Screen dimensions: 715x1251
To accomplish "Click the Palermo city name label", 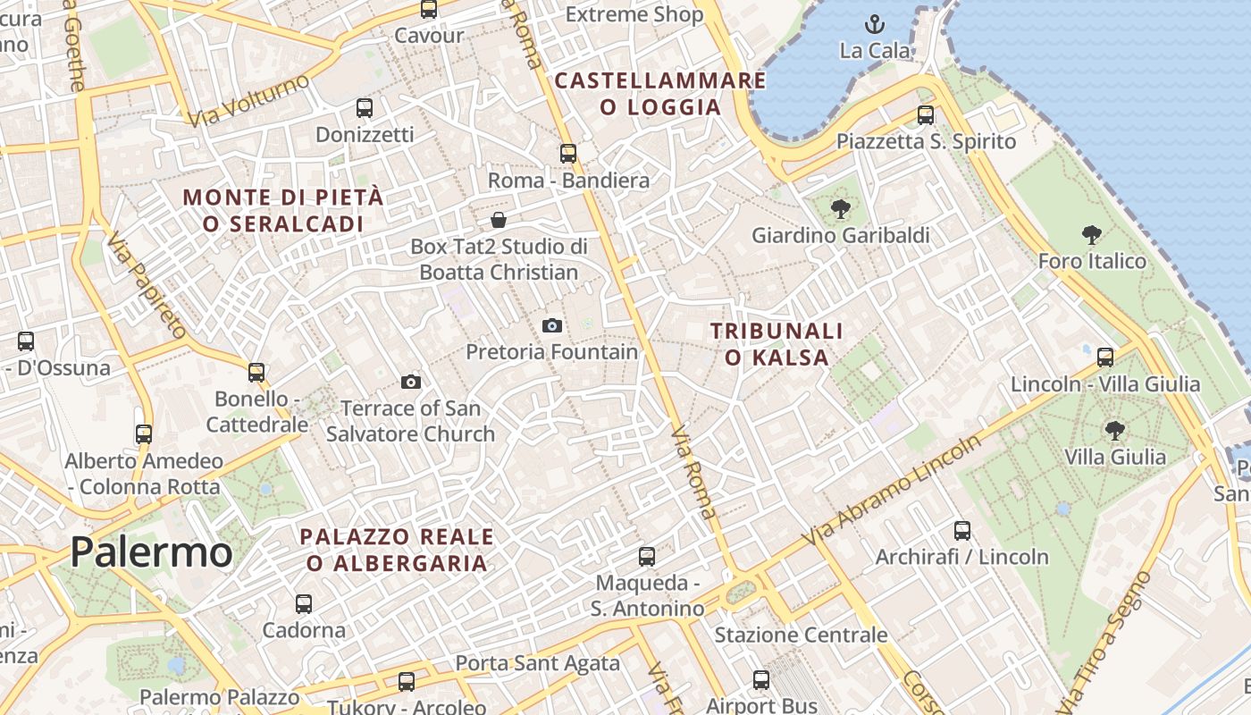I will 151,551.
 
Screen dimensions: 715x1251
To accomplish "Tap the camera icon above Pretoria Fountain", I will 552,325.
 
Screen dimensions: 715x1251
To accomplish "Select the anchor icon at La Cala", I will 875,24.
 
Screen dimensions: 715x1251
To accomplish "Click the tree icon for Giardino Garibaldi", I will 840,209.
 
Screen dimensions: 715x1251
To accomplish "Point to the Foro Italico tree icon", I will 1091,235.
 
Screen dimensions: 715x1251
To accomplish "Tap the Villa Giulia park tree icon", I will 1114,430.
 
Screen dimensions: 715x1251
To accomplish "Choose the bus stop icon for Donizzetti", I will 365,108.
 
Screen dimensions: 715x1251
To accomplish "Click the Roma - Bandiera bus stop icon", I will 568,154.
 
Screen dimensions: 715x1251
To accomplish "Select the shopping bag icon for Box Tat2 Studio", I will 499,219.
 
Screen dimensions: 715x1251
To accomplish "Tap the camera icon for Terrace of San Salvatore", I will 411,382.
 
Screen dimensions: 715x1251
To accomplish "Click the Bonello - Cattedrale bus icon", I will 256,372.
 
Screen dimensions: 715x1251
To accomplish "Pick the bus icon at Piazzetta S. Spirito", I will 926,115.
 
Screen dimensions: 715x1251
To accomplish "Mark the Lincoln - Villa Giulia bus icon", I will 1105,357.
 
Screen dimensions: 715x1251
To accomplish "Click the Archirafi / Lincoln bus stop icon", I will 962,530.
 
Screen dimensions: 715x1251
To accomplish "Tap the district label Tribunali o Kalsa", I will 777,344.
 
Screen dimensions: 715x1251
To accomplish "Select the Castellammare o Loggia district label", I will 660,94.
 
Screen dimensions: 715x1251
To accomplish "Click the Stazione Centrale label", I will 801,635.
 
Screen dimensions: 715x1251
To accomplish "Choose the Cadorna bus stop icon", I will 304,603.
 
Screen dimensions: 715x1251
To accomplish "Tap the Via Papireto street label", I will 147,285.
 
